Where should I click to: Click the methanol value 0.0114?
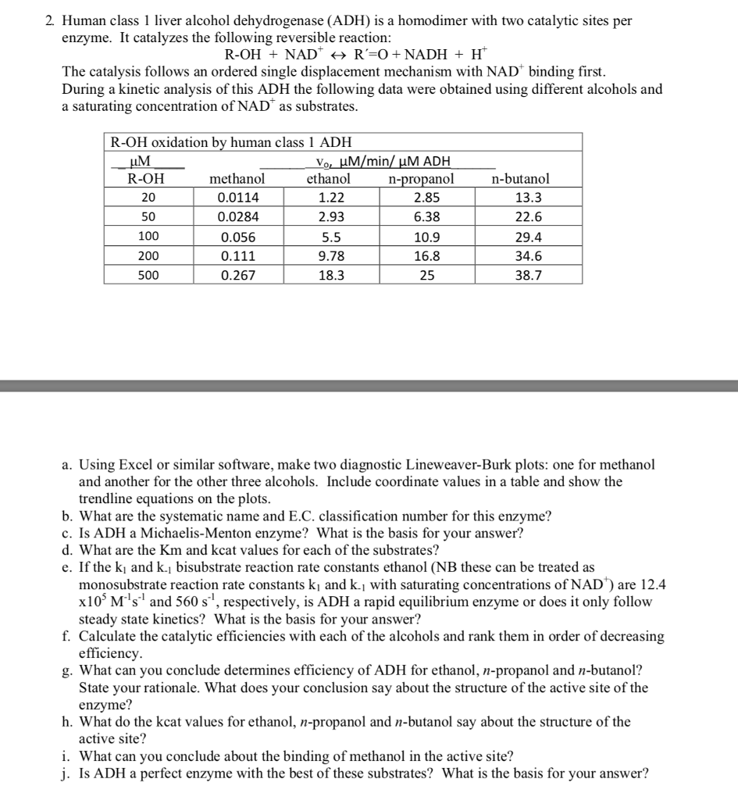point(238,198)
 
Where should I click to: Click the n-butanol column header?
point(520,179)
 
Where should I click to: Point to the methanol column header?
point(237,179)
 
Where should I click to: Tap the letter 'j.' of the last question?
point(66,774)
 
